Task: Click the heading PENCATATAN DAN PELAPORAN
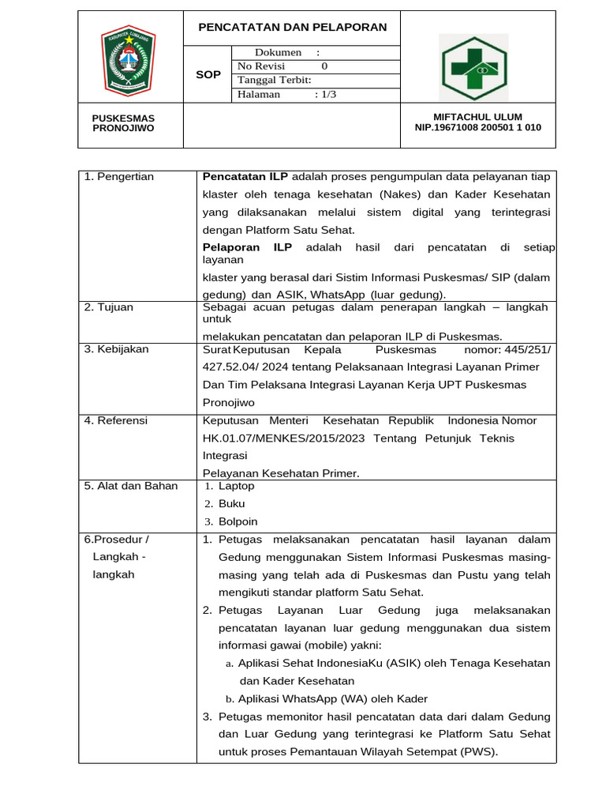point(292,28)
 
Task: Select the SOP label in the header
point(208,74)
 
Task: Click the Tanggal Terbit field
point(275,81)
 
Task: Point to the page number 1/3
point(325,95)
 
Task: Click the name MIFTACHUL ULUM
point(478,117)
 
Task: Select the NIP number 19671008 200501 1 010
point(478,128)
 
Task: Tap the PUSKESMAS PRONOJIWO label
point(124,122)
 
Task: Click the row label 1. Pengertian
point(119,177)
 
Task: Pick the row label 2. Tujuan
point(109,307)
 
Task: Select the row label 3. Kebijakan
point(116,349)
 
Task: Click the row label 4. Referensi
point(116,421)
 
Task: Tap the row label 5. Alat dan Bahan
point(131,486)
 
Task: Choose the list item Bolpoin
point(238,521)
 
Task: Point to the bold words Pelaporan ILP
point(247,248)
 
